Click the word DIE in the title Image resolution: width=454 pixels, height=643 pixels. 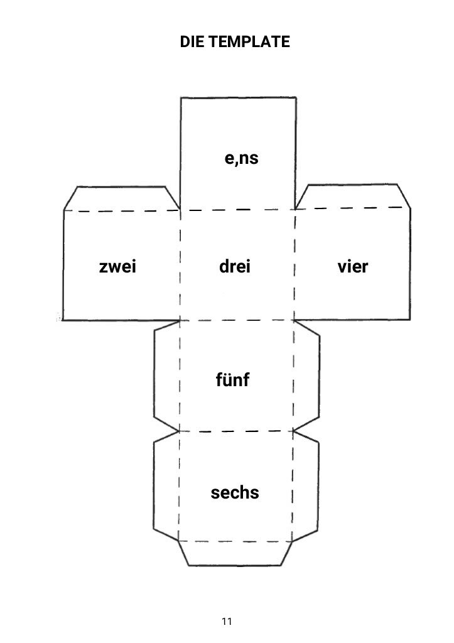pos(192,42)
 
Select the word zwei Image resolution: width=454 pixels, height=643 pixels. pos(117,267)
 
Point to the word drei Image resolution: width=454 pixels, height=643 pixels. pos(235,267)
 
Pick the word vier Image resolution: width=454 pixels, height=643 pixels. pos(353,267)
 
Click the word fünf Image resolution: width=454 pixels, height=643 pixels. pos(233,381)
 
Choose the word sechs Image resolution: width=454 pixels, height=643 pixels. pos(235,493)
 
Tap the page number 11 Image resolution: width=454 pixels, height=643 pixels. pos(227,621)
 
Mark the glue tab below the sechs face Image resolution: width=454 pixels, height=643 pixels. pos(235,553)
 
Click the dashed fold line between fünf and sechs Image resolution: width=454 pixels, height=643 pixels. pos(236,432)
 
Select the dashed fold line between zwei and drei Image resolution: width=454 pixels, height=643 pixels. pos(180,267)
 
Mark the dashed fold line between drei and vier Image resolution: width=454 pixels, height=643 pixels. pos(295,267)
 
